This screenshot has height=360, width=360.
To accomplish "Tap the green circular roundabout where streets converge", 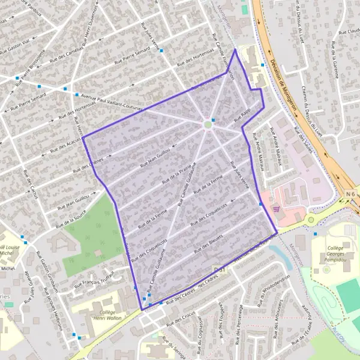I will [x=208, y=125].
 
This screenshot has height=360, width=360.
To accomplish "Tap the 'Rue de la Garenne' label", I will [x=335, y=60].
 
